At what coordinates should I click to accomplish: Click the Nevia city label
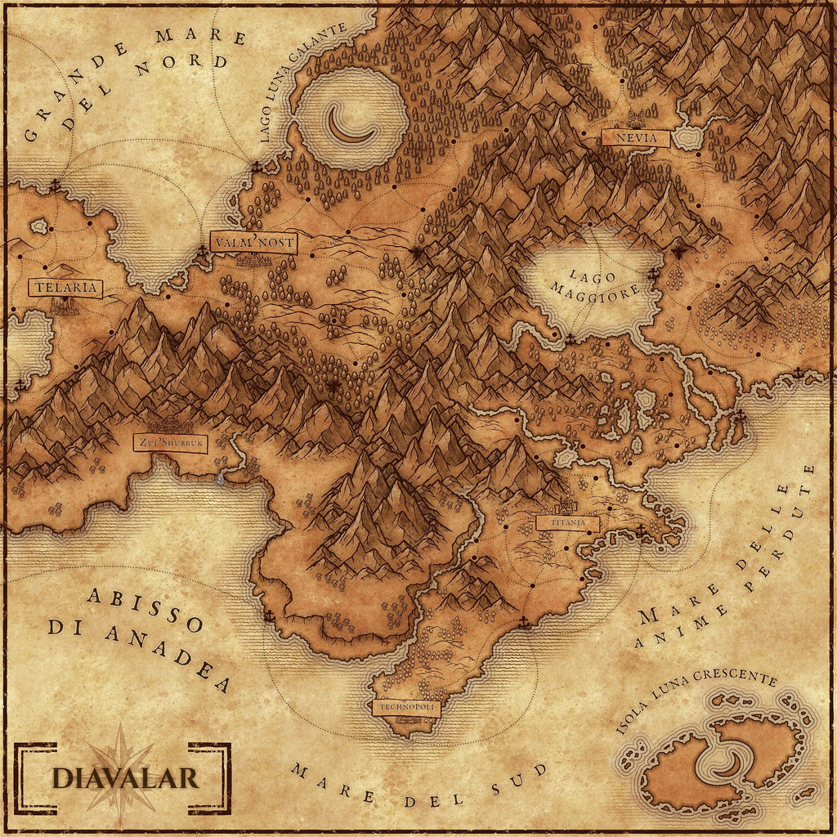(635, 138)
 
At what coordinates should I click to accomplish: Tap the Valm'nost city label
(253, 243)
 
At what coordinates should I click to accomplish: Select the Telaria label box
(65, 288)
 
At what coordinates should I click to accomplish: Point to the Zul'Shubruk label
(171, 443)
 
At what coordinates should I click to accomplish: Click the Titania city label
(567, 522)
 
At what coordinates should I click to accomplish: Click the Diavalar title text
(124, 777)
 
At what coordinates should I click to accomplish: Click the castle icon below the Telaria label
(64, 307)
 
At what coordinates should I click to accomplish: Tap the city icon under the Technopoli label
(406, 723)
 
